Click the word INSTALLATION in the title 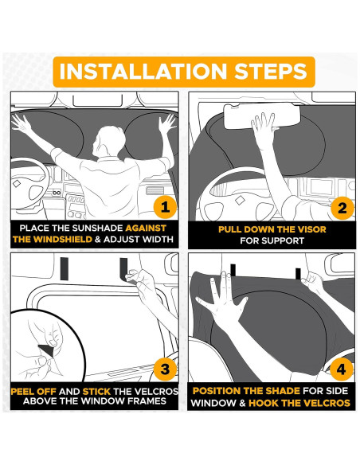(143, 72)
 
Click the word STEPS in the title (271, 72)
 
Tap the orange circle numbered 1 (165, 207)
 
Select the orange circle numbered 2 (342, 208)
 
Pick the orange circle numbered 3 (165, 369)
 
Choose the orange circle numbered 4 (342, 369)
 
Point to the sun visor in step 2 (262, 116)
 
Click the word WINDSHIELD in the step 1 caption (63, 240)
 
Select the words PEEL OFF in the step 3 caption (33, 392)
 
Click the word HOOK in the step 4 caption (264, 403)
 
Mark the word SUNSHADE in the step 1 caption (97, 228)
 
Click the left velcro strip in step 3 (65, 268)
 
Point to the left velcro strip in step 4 (233, 270)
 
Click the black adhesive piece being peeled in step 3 (46, 350)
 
